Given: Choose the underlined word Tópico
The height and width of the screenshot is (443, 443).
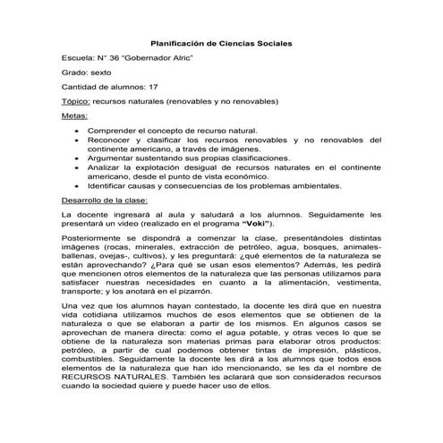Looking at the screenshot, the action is click(74, 102).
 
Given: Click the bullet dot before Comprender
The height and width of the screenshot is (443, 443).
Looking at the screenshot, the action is click(76, 132).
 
